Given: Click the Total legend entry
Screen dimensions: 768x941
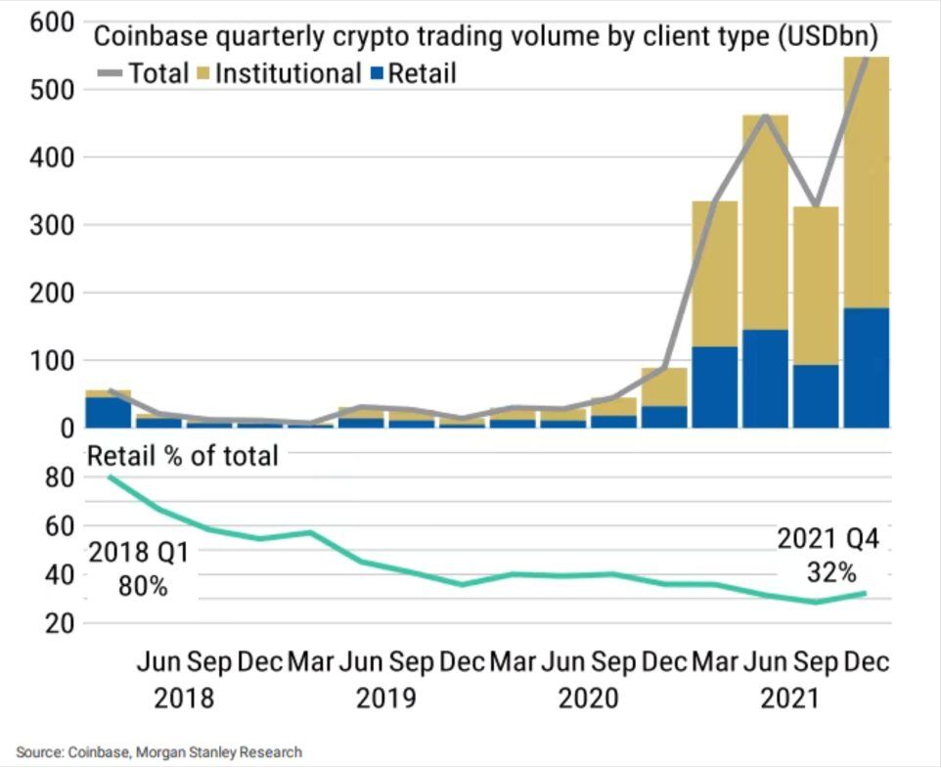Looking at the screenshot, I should [142, 73].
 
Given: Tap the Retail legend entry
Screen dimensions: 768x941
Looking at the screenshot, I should [411, 73].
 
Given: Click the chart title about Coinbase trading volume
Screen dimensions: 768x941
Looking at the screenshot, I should [484, 37].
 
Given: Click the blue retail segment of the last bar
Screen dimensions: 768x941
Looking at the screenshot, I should [866, 368].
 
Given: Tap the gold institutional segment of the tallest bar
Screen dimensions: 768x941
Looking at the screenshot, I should [866, 182].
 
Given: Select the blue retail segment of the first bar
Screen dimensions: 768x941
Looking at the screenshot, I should [108, 412].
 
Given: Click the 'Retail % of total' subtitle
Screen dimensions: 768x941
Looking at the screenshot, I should [183, 455].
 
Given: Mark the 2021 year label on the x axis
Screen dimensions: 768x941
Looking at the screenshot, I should [790, 699].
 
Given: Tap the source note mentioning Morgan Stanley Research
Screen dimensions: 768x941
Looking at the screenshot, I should [158, 751].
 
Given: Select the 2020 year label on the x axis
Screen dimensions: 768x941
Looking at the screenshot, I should [588, 699].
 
